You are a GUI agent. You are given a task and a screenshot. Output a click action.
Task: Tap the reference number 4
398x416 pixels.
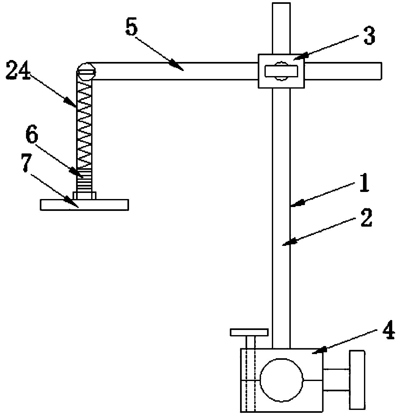[389, 332]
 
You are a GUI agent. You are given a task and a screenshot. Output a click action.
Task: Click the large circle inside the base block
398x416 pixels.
[281, 380]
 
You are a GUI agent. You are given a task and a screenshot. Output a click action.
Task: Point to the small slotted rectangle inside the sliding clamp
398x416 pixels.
[281, 71]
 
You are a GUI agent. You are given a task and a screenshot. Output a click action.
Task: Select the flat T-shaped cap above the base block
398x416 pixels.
[249, 333]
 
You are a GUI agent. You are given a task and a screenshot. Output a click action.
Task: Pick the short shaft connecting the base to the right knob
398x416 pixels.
[336, 380]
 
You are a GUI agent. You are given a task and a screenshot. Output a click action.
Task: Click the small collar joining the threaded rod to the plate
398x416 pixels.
[84, 195]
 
